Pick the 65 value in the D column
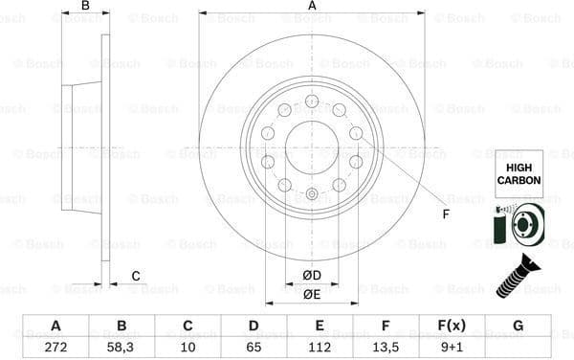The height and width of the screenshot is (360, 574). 254,348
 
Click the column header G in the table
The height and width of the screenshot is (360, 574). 518,326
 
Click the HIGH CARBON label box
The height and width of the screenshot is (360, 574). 518,173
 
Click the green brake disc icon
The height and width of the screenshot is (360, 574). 518,227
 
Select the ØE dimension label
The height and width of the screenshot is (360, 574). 312,294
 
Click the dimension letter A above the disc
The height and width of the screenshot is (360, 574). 312,7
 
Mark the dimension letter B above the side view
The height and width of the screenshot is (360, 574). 85,7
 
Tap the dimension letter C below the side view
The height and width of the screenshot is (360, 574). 136,277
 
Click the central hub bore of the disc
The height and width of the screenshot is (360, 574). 312,147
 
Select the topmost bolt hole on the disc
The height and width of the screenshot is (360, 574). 312,101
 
